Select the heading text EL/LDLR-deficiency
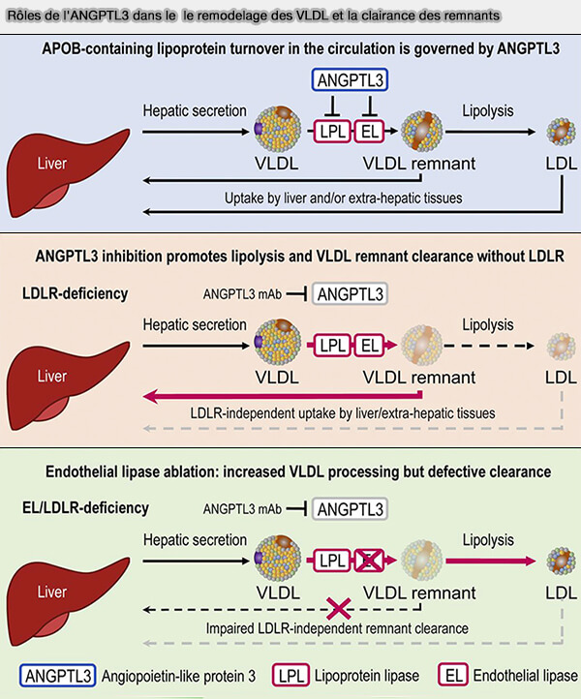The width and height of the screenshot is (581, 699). [86, 506]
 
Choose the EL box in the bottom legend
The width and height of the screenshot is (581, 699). [450, 675]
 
